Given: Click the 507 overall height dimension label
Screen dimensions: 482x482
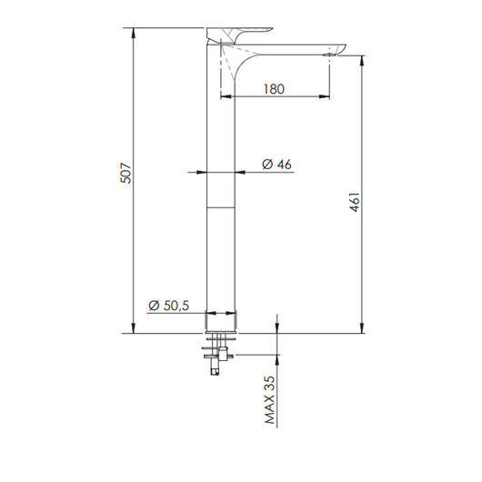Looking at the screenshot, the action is point(126,173).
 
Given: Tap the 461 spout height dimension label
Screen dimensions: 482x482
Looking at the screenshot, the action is point(355,202).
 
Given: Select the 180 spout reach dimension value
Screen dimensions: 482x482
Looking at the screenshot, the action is point(274,89).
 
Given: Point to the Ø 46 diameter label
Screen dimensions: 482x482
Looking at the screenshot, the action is point(276,164).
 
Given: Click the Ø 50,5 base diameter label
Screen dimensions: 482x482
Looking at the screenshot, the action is point(169,306).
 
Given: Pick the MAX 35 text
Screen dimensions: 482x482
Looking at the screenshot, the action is point(270,400).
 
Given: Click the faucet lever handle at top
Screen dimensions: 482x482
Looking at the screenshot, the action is point(239,34).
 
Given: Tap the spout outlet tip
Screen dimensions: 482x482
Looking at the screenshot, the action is point(329,55).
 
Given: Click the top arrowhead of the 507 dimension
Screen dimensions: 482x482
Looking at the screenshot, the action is point(133,33).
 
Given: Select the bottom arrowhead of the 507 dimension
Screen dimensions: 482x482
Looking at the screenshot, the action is point(133,328).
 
